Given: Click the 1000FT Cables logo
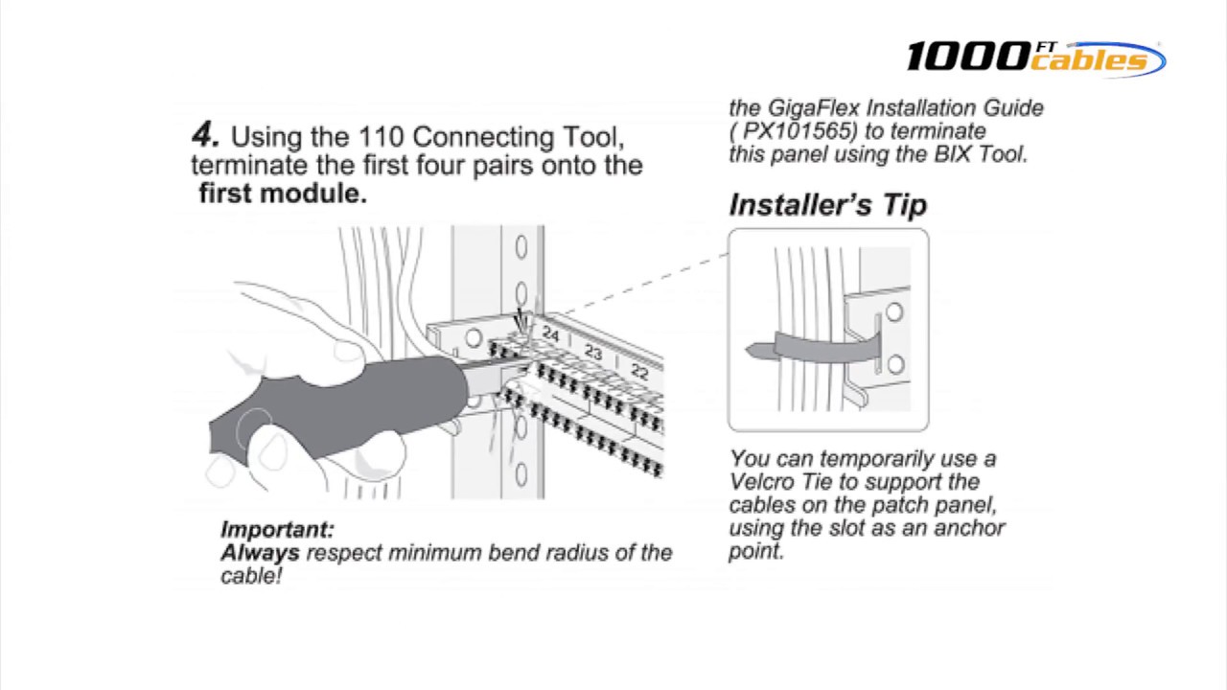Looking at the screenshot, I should [x=1035, y=57].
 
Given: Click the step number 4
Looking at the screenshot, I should [x=206, y=135].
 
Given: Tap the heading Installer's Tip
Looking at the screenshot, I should [x=827, y=205].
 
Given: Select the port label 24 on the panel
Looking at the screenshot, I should [x=550, y=334].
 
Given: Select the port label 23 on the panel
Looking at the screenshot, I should [x=593, y=353].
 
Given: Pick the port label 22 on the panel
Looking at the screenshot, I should [x=639, y=372].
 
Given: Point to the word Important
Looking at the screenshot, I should [x=277, y=529].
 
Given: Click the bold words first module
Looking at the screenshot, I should [x=283, y=193].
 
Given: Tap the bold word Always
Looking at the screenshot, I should [x=260, y=553].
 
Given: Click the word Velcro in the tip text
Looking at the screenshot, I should [x=760, y=482].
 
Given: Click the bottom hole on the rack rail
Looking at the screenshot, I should [x=521, y=473].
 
